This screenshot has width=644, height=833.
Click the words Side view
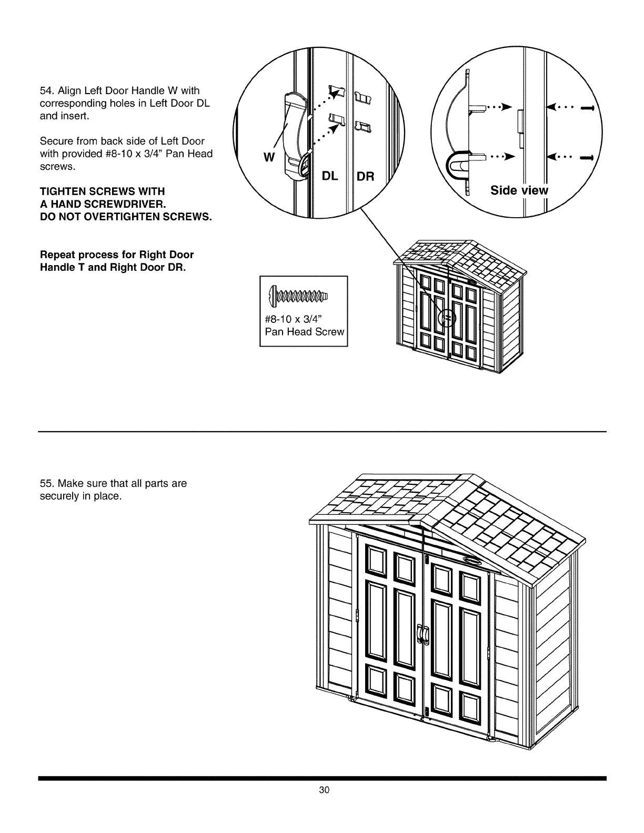point(519,190)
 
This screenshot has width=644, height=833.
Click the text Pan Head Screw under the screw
point(304,332)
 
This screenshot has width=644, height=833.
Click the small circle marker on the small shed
point(447,318)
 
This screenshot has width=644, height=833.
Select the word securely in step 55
point(58,496)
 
